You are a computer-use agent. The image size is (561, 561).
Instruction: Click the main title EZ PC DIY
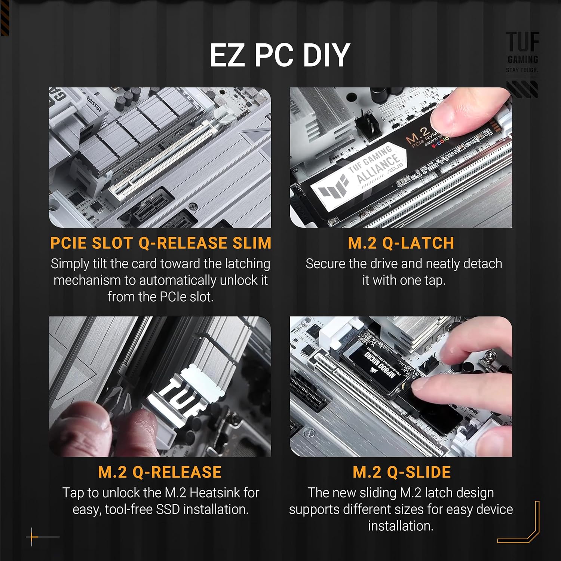click(280, 55)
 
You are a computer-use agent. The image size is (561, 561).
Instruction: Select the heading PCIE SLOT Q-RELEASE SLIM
click(160, 243)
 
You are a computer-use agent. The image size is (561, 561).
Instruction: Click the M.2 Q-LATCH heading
click(401, 243)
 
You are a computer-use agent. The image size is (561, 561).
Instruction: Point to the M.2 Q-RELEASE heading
click(160, 472)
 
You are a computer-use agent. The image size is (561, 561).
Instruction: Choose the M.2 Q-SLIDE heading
click(402, 472)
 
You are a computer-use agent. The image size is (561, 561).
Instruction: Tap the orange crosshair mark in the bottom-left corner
click(32, 537)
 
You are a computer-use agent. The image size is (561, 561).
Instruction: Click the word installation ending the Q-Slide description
click(400, 526)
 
